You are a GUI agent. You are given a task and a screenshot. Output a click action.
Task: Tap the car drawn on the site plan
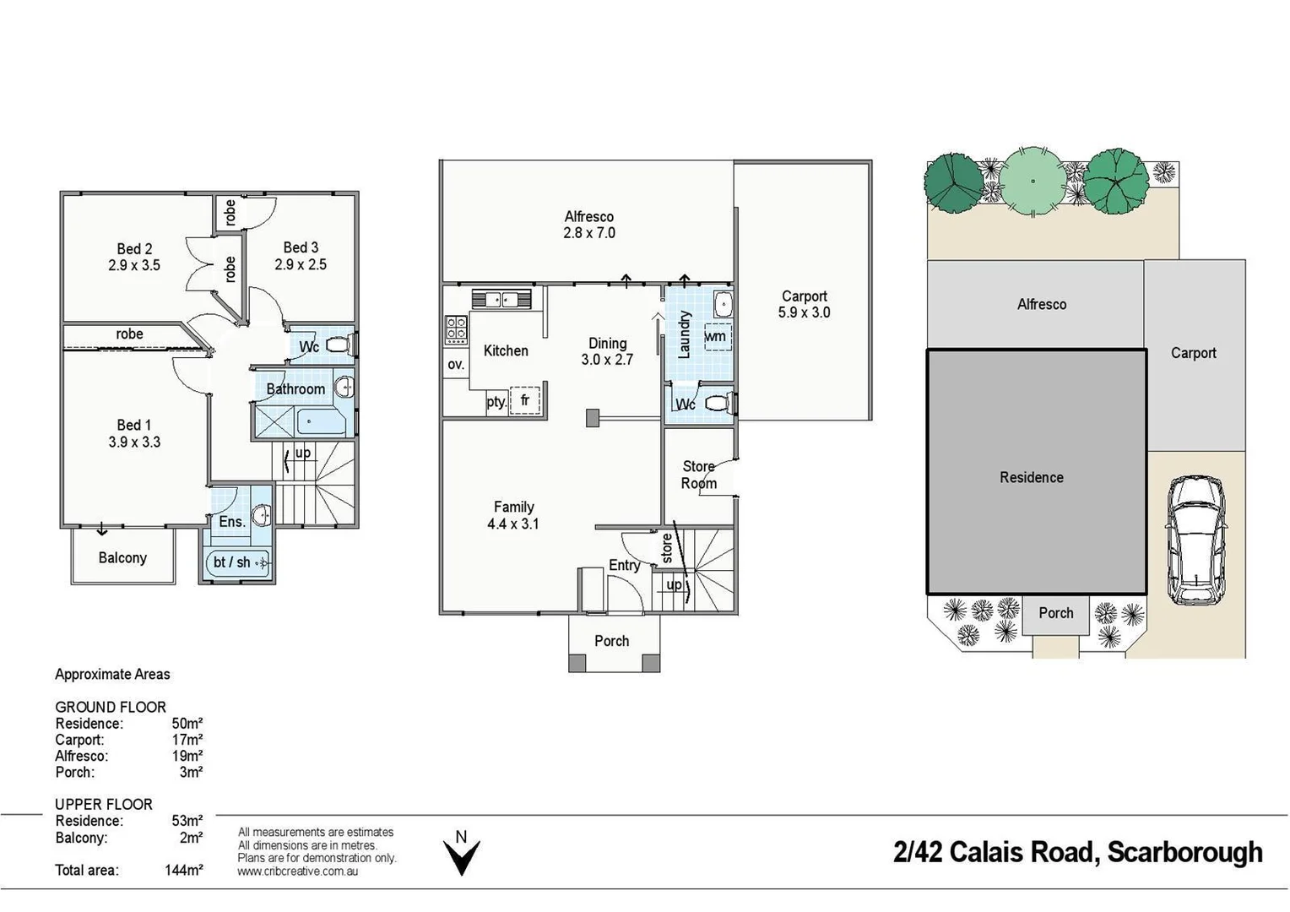click(1196, 540)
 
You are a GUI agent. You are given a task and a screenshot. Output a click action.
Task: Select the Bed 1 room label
click(134, 425)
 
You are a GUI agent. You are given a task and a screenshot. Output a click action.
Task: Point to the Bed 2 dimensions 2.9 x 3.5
click(134, 265)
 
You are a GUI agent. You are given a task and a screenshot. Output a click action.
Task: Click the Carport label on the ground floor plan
click(804, 296)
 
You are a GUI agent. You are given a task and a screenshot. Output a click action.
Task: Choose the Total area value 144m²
click(183, 870)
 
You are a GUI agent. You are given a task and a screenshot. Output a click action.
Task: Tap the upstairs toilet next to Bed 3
click(339, 345)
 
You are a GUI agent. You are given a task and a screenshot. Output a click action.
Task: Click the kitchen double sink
click(501, 299)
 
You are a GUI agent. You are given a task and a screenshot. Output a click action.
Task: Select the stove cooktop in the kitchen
click(456, 329)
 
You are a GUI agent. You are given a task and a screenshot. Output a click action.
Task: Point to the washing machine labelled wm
click(717, 336)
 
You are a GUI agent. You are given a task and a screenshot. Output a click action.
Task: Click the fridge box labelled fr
click(525, 400)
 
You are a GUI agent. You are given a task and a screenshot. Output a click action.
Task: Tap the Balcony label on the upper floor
click(122, 557)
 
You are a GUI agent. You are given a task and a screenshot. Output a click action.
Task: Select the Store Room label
click(699, 475)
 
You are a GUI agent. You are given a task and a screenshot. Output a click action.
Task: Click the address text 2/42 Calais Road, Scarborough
click(1077, 852)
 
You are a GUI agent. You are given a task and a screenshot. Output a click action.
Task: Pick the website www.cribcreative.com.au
click(298, 871)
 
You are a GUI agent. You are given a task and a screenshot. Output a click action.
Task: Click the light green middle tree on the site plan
click(1032, 179)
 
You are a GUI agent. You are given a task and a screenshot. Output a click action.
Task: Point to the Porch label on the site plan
click(1055, 613)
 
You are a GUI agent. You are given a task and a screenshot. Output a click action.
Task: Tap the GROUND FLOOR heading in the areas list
click(111, 707)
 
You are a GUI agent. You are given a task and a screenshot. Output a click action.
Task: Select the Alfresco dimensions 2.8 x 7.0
click(589, 233)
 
